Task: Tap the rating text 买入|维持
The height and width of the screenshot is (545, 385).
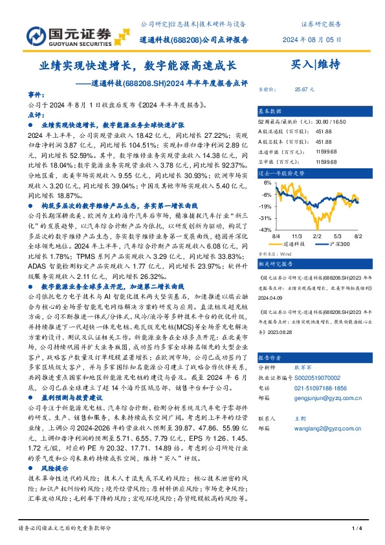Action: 316,64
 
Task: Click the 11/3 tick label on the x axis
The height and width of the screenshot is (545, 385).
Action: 297,238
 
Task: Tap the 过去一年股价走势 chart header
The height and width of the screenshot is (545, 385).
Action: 281,173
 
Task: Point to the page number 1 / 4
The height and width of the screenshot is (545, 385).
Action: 356,528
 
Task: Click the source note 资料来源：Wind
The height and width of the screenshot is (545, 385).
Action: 275,254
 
